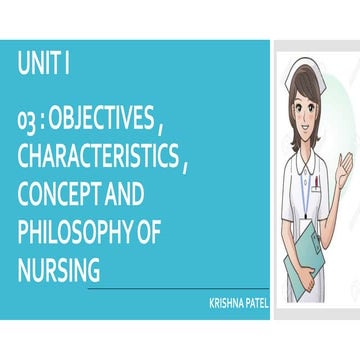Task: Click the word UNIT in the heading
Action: point(39,67)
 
